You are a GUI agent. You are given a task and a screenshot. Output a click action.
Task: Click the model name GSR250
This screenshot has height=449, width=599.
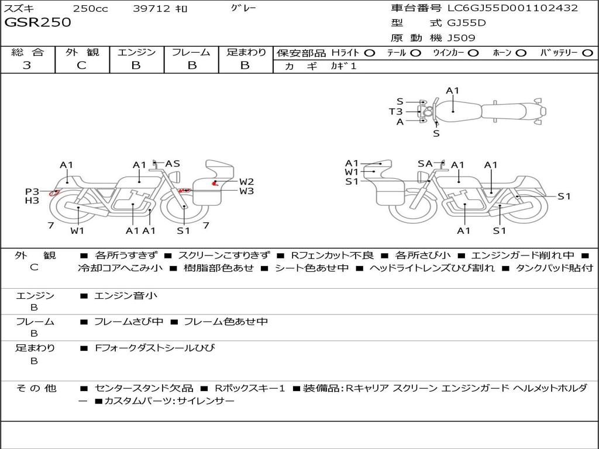click(x=38, y=23)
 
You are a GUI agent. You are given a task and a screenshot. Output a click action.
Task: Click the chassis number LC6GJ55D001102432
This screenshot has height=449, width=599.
click(x=512, y=8)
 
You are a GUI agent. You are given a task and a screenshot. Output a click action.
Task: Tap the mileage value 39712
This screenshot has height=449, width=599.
click(x=152, y=8)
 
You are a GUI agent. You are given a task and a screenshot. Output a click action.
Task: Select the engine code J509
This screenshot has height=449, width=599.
click(x=461, y=38)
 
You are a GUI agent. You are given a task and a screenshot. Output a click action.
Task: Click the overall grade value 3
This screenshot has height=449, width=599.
click(x=27, y=65)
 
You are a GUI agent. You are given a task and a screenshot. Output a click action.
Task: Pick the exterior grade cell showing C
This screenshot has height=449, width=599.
click(x=81, y=65)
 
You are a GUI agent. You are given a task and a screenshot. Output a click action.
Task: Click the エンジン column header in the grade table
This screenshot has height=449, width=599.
click(x=136, y=52)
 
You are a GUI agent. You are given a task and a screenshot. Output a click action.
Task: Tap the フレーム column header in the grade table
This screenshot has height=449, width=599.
click(x=191, y=52)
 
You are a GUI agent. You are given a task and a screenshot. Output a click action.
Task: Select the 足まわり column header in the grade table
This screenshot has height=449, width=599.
click(x=246, y=52)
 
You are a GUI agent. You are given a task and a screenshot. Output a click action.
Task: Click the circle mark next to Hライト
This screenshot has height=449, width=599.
click(x=369, y=53)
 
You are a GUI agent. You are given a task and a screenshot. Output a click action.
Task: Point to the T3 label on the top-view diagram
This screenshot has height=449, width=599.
click(x=396, y=112)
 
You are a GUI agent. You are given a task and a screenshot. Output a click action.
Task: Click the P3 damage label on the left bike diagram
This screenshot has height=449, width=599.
click(x=32, y=191)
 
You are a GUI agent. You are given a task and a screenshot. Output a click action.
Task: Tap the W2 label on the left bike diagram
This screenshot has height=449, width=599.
click(x=246, y=181)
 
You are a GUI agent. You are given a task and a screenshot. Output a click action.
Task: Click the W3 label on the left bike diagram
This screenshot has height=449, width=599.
click(x=246, y=191)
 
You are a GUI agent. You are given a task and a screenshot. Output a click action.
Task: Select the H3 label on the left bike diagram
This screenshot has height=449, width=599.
click(x=32, y=201)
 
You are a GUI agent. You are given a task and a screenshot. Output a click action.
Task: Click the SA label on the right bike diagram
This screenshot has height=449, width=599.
click(x=425, y=164)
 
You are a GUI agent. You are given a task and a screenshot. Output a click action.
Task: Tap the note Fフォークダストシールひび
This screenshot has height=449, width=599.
click(x=154, y=348)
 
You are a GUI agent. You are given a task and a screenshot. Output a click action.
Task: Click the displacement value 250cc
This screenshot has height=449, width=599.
click(x=90, y=8)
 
